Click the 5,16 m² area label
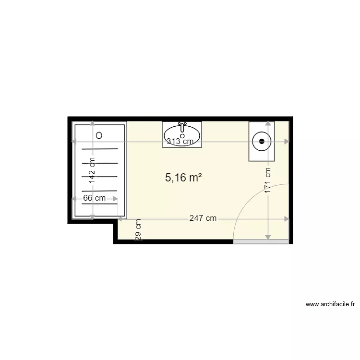[183, 178]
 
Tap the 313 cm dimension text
[180, 141]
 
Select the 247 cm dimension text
[203, 218]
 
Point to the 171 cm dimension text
[268, 180]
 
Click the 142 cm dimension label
[92, 171]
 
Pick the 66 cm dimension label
[94, 198]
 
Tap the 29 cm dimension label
[138, 230]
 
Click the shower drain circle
[99, 135]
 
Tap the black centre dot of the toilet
[262, 141]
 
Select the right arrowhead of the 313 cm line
[287, 141]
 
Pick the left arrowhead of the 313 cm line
[74, 141]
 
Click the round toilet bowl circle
[262, 141]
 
